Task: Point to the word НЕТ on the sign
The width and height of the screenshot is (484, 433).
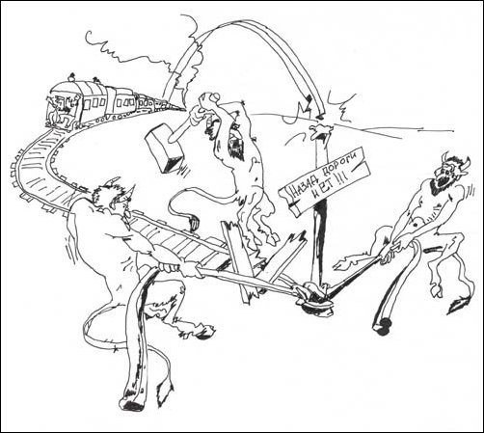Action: (x=325, y=190)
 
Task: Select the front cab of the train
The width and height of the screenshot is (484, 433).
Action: (x=64, y=109)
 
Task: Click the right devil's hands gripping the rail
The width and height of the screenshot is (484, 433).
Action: (x=390, y=253)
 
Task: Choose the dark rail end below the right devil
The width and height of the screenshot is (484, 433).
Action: (x=381, y=326)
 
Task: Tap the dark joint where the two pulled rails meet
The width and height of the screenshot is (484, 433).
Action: (x=316, y=294)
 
